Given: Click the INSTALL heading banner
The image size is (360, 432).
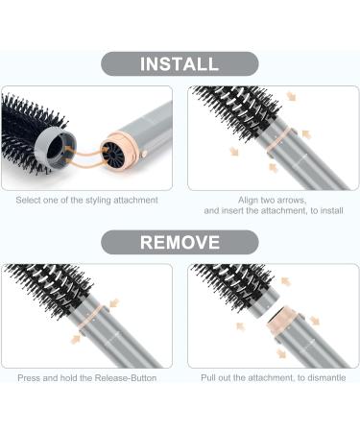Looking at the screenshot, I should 180,63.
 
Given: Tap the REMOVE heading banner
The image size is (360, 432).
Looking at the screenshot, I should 180,242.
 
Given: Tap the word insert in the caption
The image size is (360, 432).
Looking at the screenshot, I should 235,209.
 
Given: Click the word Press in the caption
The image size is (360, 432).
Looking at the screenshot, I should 31,378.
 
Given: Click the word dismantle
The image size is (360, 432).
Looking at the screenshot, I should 319,378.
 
